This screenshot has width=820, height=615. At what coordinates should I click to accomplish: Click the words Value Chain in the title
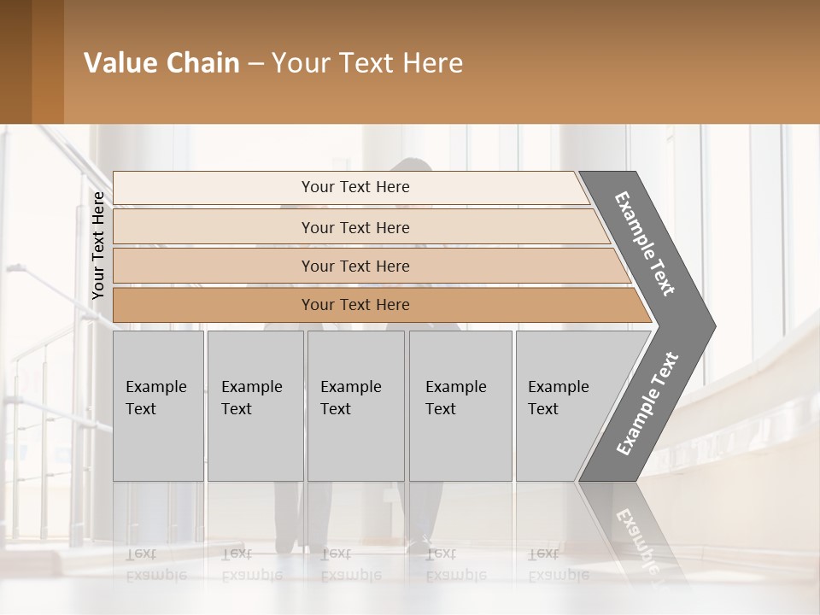[x=161, y=63]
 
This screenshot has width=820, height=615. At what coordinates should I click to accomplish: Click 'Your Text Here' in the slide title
[x=367, y=63]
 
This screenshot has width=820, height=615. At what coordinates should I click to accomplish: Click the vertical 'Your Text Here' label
[x=98, y=246]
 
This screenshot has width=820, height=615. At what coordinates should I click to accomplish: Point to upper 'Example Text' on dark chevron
[x=645, y=244]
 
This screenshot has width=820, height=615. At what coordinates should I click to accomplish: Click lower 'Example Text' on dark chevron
[x=647, y=404]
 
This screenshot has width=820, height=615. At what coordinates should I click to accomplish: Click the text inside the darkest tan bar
[x=355, y=305]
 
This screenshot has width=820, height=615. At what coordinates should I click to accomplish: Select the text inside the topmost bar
[x=355, y=187]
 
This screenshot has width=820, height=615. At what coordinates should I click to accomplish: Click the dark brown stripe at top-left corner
[x=15, y=61]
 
